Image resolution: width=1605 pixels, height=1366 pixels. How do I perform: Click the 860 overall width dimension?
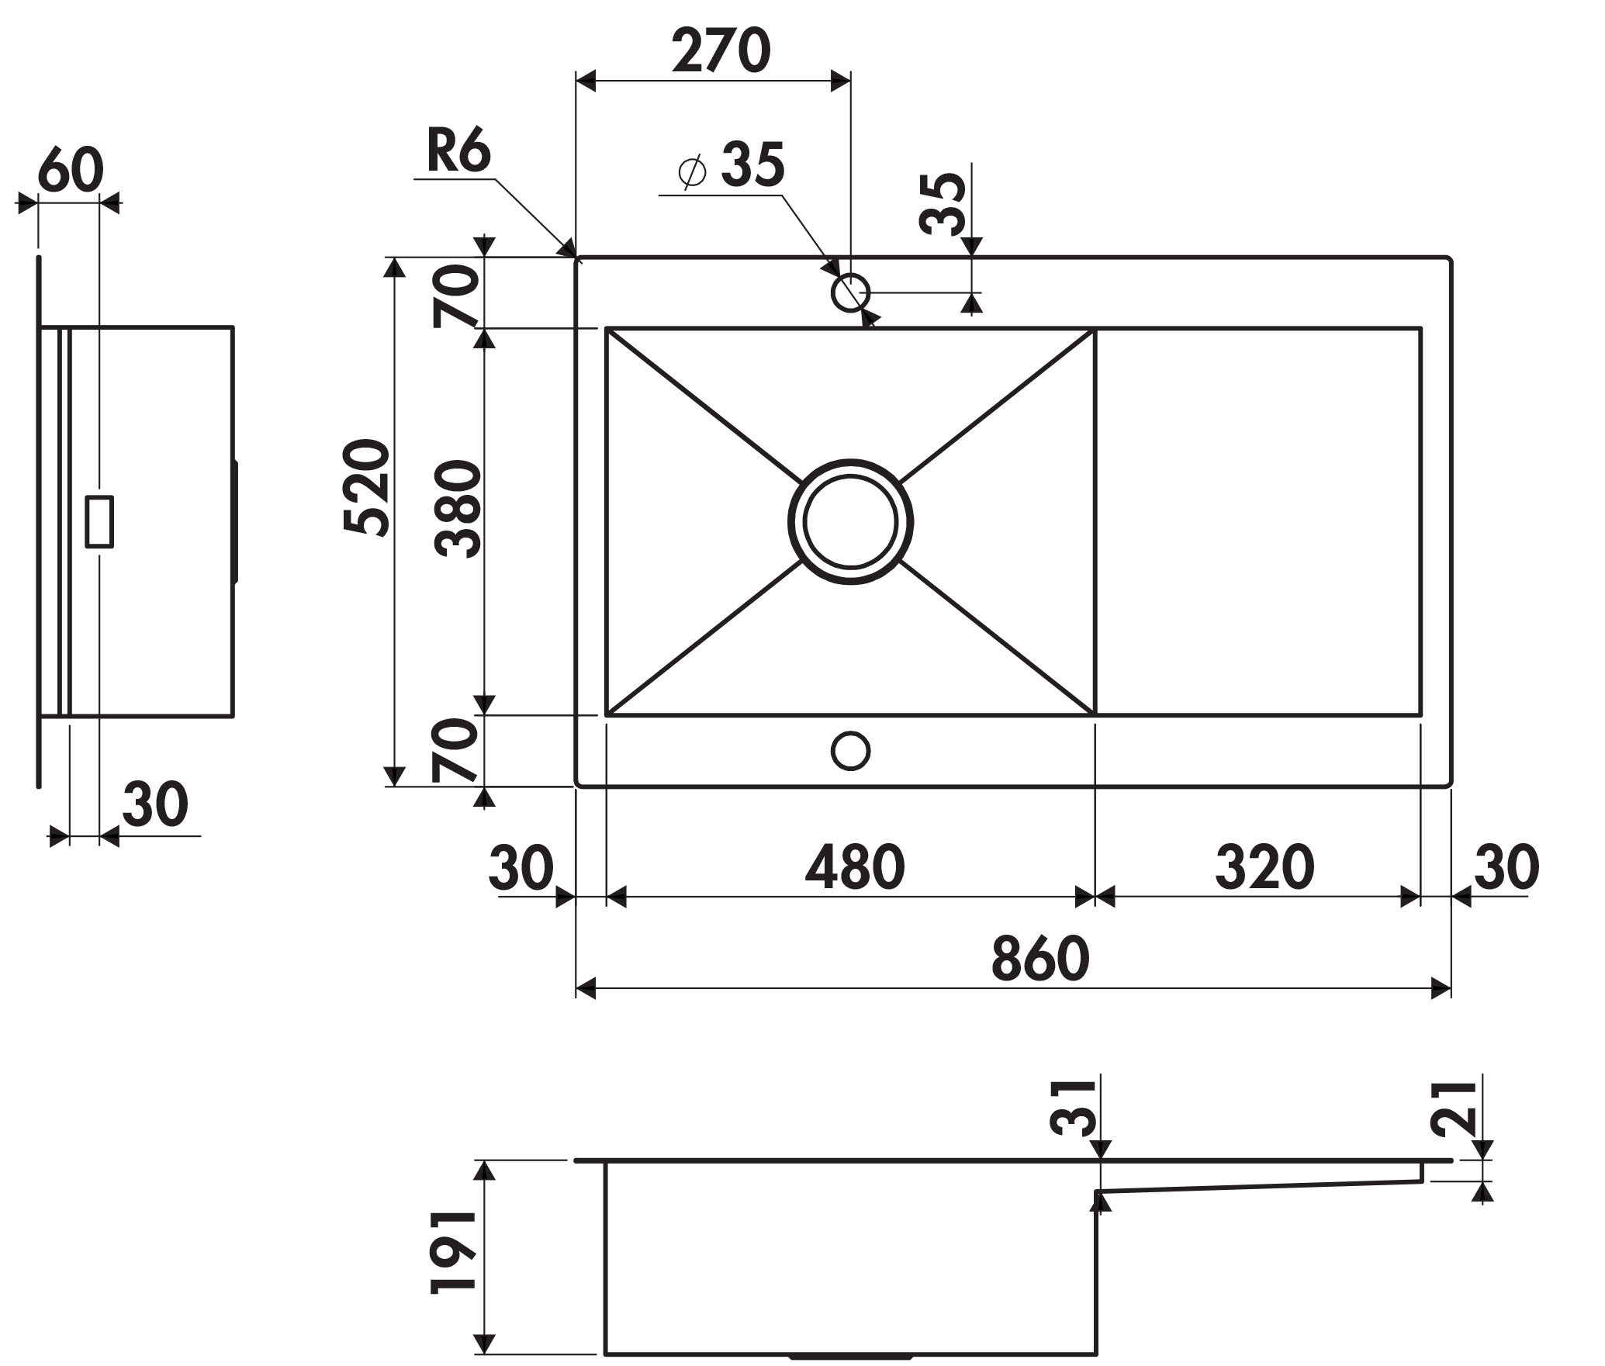click(x=1040, y=959)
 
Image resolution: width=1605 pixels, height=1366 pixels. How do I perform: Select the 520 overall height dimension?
click(x=366, y=488)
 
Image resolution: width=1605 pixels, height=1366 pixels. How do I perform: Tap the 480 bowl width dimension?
click(x=855, y=866)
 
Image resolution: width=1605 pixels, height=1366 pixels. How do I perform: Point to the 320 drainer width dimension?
click(x=1264, y=866)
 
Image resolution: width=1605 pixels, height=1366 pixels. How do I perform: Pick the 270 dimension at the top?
click(x=721, y=50)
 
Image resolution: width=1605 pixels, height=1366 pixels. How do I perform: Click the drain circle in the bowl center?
click(x=850, y=521)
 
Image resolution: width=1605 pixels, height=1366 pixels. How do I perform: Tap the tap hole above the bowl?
click(x=850, y=292)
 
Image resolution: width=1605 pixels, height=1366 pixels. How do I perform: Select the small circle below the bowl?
click(x=850, y=750)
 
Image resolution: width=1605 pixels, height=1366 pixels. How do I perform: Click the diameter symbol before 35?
click(x=692, y=171)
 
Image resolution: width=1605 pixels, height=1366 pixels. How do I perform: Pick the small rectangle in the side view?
click(x=99, y=521)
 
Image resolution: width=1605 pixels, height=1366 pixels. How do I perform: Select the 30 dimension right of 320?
click(x=1506, y=866)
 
